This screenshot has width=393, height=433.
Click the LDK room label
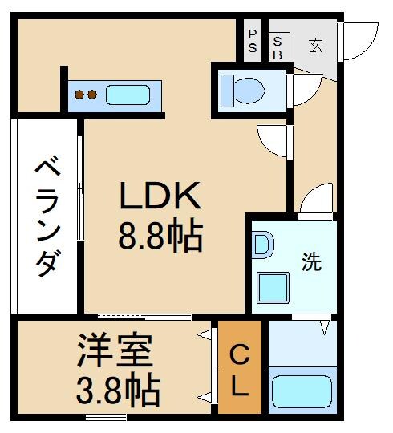pos(160,196)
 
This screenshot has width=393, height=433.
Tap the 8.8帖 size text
pos(160,237)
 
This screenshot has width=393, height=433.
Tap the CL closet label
pos(239,370)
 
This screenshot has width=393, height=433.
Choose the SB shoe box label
pos(278,47)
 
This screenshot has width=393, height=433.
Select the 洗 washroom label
pos(311,261)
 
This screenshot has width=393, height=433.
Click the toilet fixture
pos(245,88)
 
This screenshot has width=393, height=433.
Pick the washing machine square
pos(273,287)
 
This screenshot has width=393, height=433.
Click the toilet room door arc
pos(305,91)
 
